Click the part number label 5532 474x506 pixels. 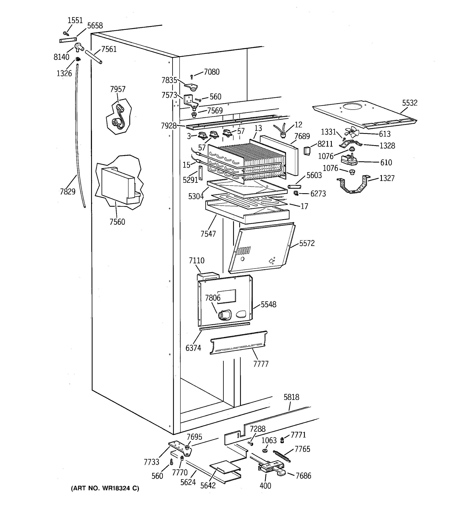point(410,103)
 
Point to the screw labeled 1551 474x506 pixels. point(66,33)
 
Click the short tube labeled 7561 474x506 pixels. point(94,57)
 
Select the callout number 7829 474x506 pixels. point(68,191)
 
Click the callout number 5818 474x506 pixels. point(291,397)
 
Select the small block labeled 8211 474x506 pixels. point(307,151)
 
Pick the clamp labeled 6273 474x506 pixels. point(296,193)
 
